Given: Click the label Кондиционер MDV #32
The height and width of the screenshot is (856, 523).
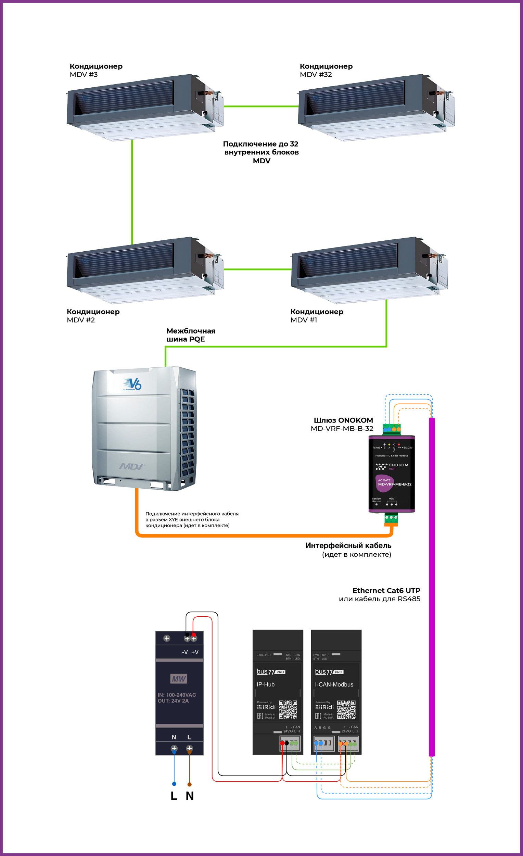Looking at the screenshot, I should click(326, 70).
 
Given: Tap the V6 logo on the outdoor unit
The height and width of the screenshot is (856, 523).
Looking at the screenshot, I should click(133, 384).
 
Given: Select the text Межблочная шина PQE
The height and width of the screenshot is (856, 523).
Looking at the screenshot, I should click(191, 335).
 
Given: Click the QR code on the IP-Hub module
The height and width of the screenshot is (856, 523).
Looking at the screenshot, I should click(288, 709).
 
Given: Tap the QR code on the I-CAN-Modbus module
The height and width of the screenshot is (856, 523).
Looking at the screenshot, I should click(346, 709).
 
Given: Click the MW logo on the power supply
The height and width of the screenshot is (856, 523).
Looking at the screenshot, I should click(179, 679).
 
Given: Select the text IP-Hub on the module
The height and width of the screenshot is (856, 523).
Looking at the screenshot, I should click(266, 684).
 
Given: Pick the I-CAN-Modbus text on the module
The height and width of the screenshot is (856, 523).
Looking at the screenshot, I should click(334, 684).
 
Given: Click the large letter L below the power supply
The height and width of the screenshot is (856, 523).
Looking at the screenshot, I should click(174, 796).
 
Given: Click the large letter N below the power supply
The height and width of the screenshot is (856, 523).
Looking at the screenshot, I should click(190, 796).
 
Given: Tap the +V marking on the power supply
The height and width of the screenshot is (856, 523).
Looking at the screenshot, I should click(195, 652).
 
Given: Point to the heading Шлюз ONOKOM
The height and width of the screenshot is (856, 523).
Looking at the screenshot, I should click(343, 420).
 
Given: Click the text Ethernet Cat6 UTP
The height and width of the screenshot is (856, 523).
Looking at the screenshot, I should click(386, 591).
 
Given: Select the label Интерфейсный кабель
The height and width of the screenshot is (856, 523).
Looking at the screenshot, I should click(348, 545).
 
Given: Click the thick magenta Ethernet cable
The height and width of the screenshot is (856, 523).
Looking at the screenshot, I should click(432, 591).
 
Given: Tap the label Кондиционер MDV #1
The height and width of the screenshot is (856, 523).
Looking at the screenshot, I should click(317, 316).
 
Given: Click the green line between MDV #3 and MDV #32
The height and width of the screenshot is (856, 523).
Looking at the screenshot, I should click(261, 106).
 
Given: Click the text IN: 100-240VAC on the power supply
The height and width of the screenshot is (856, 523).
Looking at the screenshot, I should click(177, 695).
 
